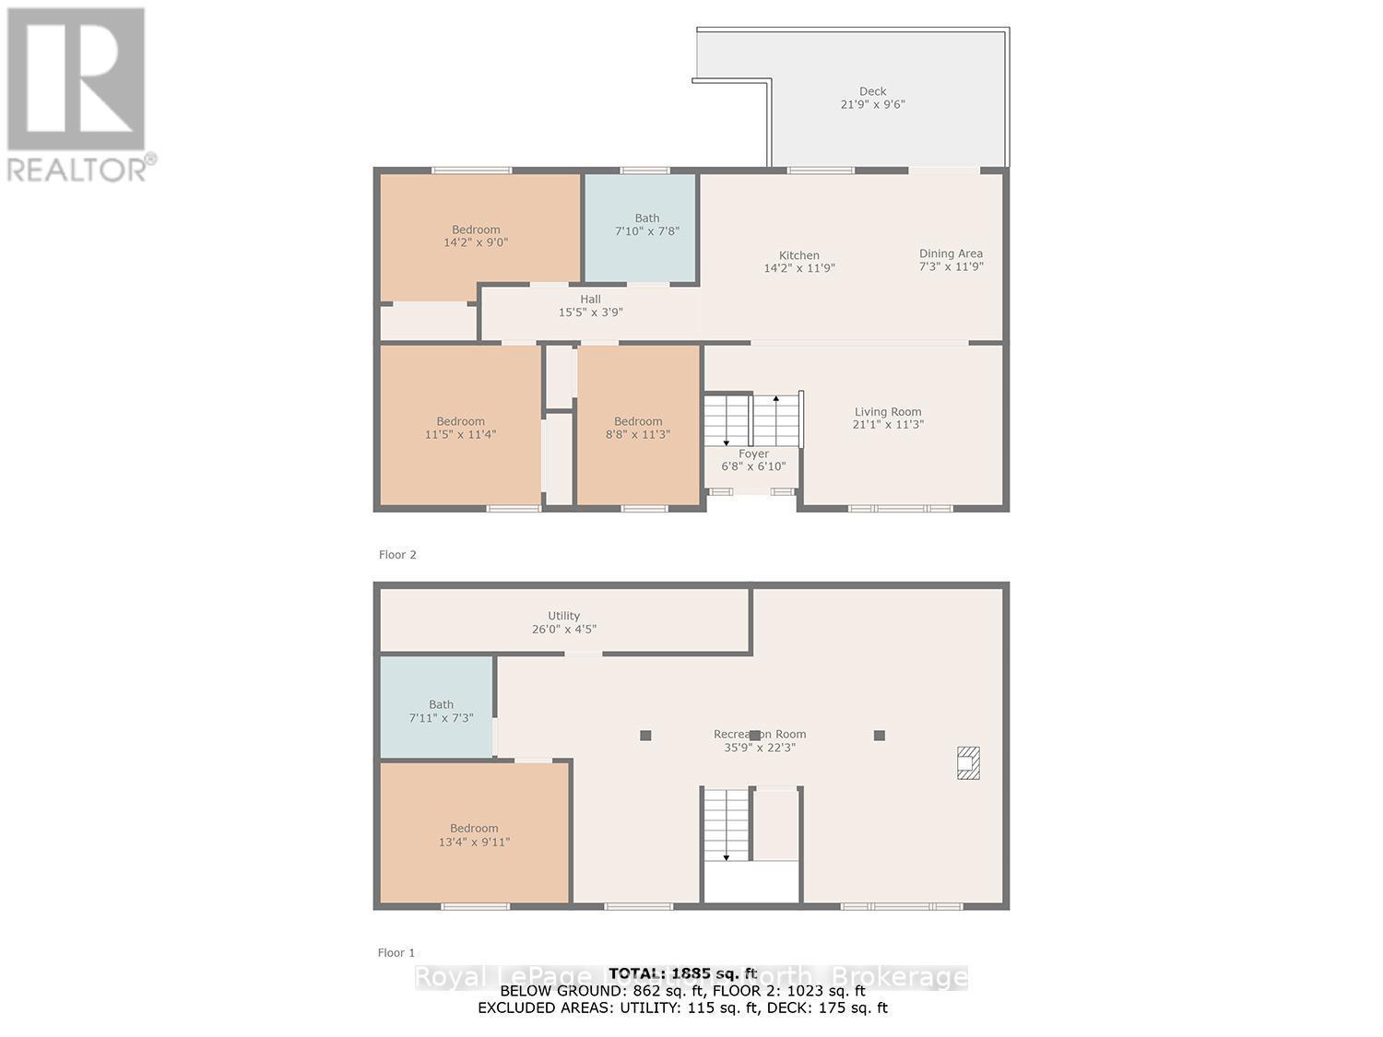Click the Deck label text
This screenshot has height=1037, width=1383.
coord(872,91)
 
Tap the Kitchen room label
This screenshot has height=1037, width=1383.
coord(798,255)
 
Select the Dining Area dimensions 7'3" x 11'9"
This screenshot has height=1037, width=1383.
coord(951,266)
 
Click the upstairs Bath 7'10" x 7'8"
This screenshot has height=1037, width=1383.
coord(646,225)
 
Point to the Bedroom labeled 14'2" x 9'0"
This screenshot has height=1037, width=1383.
coord(476,236)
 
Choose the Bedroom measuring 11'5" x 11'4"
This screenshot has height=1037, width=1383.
coord(460,428)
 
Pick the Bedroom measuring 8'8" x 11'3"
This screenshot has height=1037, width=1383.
coord(638,428)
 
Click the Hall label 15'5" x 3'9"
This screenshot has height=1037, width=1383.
coord(590,305)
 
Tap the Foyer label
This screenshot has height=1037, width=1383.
coord(753,454)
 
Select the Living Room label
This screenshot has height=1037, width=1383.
coord(887,412)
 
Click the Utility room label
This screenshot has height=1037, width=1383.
coord(563,616)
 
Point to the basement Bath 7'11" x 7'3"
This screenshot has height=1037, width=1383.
coord(441,711)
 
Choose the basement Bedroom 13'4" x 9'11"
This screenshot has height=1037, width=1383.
coord(474,834)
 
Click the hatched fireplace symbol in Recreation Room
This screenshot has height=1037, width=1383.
coord(967,762)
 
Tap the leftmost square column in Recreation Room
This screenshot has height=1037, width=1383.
coord(645,735)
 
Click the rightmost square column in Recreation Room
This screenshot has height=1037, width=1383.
coord(879,735)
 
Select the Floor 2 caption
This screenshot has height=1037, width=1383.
coord(397,554)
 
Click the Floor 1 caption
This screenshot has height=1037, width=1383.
coord(396,952)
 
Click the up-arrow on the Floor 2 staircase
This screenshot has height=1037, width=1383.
coord(775,400)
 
